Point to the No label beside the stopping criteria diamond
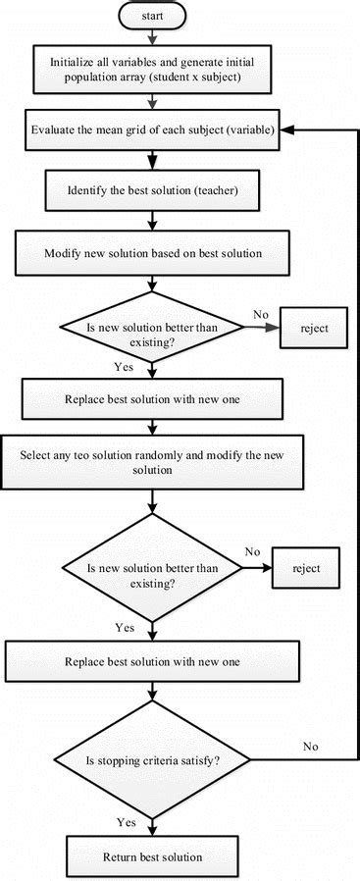310,747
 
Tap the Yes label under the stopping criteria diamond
126,821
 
